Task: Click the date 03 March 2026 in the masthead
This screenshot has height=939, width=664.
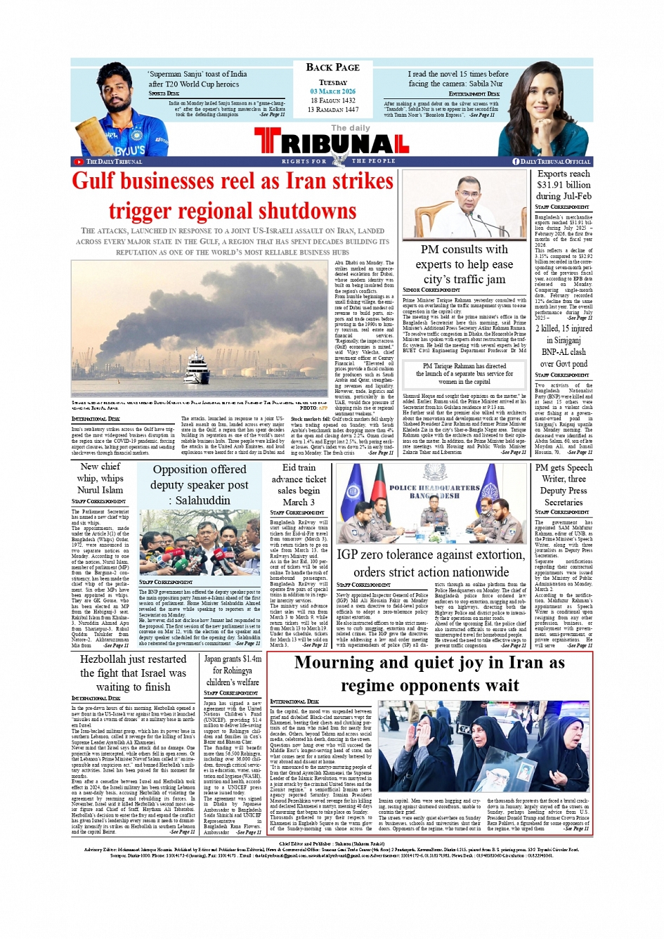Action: click(x=332, y=91)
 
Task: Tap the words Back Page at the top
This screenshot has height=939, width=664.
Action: click(x=332, y=67)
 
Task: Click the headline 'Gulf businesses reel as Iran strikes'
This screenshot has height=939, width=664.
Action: click(x=233, y=181)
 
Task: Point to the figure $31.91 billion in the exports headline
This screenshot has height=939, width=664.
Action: click(x=564, y=185)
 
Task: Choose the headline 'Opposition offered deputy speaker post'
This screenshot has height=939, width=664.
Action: click(x=200, y=484)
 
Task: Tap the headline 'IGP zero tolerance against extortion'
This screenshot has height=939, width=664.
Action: click(x=430, y=563)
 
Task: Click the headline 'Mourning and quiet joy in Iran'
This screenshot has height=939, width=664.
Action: click(x=429, y=673)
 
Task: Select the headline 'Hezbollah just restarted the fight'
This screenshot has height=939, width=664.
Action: click(x=133, y=673)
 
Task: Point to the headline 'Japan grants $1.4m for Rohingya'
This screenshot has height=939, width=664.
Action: click(x=232, y=671)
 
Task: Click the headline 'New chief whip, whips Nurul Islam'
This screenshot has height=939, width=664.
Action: click(x=100, y=478)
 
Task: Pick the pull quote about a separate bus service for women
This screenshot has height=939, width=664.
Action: click(x=464, y=374)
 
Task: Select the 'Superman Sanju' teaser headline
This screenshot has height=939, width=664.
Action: click(x=197, y=79)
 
